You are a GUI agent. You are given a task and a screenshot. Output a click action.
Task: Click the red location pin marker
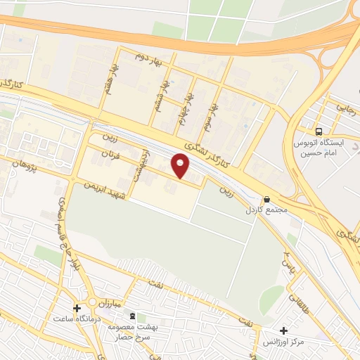[181, 165]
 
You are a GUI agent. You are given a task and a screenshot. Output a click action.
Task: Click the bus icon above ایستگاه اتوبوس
[320, 131]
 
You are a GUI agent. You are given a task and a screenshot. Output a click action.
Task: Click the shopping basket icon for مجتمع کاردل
[266, 200]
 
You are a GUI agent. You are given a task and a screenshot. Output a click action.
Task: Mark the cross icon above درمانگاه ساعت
[77, 307]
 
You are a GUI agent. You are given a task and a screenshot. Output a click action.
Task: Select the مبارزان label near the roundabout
[109, 304]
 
